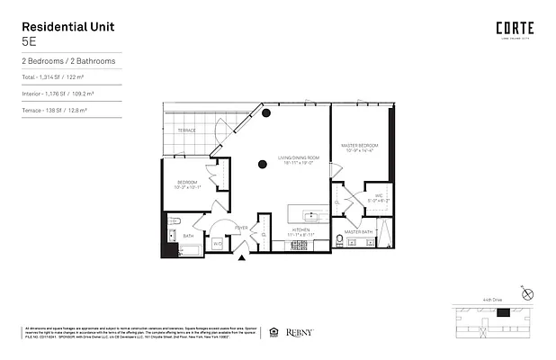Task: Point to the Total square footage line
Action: click(54, 79)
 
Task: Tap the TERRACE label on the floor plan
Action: click(186, 130)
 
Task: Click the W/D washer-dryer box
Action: click(218, 242)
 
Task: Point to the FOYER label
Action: click(241, 228)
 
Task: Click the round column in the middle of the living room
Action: click(262, 164)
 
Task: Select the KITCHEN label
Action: click(301, 230)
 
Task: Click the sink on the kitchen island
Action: click(310, 215)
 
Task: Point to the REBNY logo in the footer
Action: click(299, 332)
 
